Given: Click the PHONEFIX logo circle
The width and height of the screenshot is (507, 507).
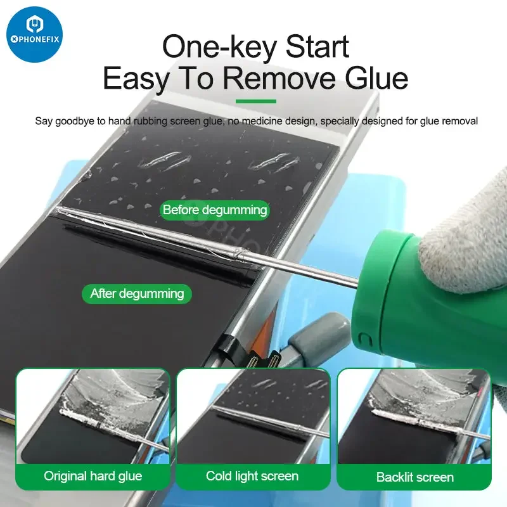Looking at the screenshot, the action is pyautogui.click(x=34, y=34).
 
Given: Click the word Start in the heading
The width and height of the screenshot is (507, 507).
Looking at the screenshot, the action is pyautogui.click(x=318, y=46).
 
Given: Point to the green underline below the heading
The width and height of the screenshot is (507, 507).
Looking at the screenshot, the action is pyautogui.click(x=256, y=101).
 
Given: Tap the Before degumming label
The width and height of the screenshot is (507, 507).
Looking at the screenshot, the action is pyautogui.click(x=215, y=210).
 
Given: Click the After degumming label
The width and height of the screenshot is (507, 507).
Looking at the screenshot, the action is pyautogui.click(x=137, y=293).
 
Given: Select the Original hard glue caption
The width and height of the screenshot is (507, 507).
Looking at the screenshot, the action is pyautogui.click(x=93, y=476).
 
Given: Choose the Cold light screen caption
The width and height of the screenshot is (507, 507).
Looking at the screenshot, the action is pyautogui.click(x=252, y=476).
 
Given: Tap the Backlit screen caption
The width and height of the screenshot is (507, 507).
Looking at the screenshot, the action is pyautogui.click(x=415, y=477).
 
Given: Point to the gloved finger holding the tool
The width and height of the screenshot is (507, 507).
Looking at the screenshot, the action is pyautogui.click(x=466, y=236).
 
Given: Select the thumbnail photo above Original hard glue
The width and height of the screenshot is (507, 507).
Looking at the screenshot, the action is pyautogui.click(x=93, y=417).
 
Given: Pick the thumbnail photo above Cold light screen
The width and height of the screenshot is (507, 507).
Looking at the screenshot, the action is pyautogui.click(x=253, y=417).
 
